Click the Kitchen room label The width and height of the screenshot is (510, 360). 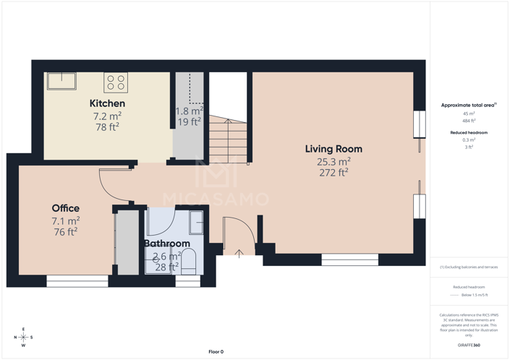point(107,103)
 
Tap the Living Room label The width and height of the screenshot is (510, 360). point(333,149)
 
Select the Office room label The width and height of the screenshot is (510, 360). point(65,208)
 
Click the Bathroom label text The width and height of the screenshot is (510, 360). point(167,244)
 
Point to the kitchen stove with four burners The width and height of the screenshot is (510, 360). point(116,82)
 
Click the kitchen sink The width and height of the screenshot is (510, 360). point(61,80)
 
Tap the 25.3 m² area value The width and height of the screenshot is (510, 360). point(333,161)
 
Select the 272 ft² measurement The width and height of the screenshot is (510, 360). point(333,173)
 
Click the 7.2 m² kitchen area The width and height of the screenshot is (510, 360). point(107,116)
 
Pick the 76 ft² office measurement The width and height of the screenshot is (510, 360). point(65,232)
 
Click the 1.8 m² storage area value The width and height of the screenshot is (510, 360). point(190,111)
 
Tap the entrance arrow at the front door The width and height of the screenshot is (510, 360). point(239,253)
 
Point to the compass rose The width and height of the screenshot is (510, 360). point(23,337)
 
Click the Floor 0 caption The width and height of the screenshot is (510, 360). point(216,351)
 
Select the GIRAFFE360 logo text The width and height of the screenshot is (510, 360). point(469,345)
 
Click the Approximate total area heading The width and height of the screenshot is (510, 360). point(468,106)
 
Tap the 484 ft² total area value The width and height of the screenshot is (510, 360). point(469,121)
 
